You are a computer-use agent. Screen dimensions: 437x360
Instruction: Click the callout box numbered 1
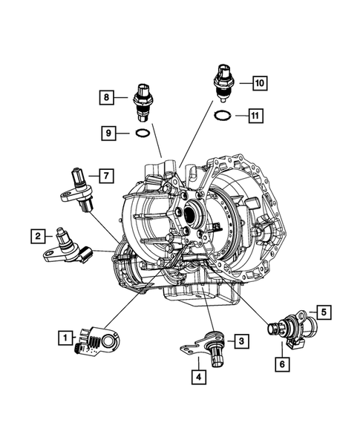[x=66, y=338]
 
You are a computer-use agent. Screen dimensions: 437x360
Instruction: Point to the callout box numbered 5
[x=324, y=312]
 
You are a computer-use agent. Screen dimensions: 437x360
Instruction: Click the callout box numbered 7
[x=106, y=176]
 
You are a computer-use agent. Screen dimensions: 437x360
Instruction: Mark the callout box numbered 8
[x=107, y=96]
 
